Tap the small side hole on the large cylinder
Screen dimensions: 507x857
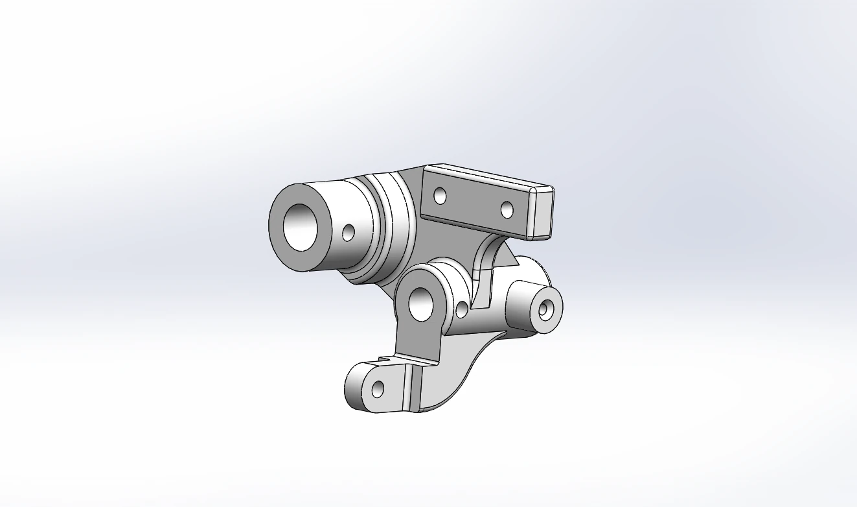pyautogui.click(x=349, y=232)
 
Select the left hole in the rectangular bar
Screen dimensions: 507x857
pyautogui.click(x=440, y=195)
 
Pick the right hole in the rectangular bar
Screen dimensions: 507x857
pyautogui.click(x=507, y=209)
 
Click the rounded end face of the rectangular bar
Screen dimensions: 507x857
pyautogui.click(x=542, y=212)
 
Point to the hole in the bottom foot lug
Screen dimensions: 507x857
pyautogui.click(x=377, y=389)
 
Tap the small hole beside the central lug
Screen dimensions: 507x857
pyautogui.click(x=462, y=309)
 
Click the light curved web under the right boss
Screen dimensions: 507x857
pyautogui.click(x=453, y=370)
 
